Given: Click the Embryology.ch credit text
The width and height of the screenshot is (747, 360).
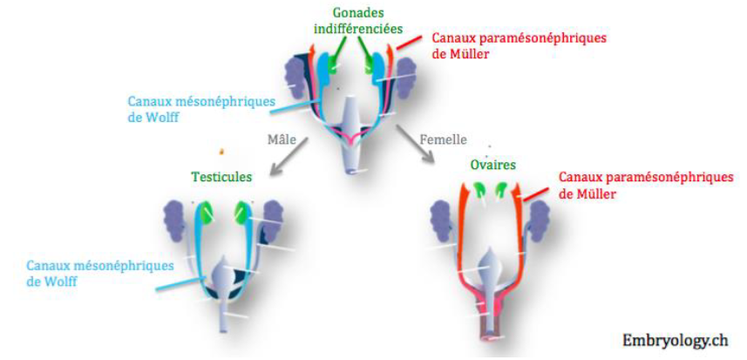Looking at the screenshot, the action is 676,339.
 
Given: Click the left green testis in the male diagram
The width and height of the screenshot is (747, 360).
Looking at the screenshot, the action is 206,212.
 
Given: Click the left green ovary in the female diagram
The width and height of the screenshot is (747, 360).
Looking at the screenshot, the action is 479,188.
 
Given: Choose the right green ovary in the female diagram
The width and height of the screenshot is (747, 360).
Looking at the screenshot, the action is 502,188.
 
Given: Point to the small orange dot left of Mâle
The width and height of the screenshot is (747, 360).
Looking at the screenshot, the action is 223,150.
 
